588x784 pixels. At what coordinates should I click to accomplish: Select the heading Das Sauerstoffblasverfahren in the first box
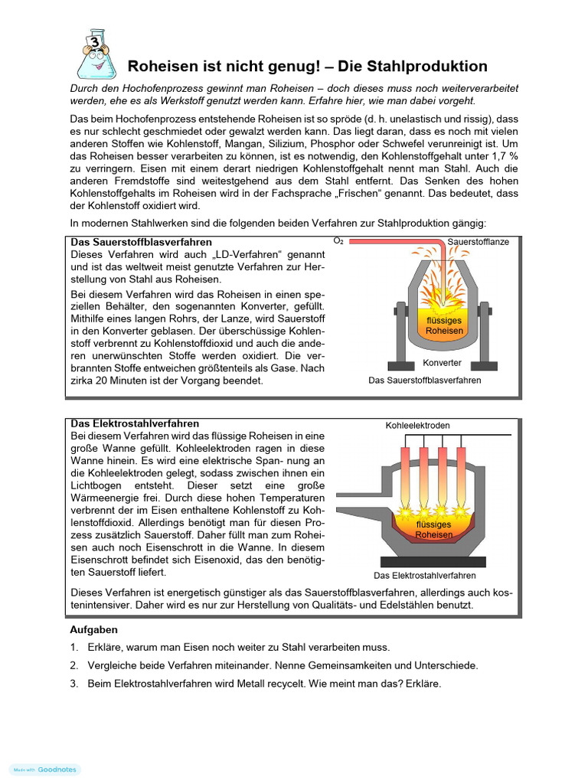tap(142, 242)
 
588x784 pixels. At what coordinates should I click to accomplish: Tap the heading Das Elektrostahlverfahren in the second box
tap(135, 423)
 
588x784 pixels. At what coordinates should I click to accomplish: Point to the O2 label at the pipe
tap(338, 241)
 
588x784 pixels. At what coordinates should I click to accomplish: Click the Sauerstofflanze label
tap(479, 242)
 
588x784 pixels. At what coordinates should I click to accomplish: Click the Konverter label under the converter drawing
tap(443, 363)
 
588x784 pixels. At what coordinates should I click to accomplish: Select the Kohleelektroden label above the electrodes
tap(417, 425)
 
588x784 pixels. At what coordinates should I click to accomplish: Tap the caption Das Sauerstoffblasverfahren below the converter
tap(425, 381)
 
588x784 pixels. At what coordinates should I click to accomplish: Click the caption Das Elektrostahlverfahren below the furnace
tap(424, 576)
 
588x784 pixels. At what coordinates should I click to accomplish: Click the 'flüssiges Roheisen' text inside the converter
tap(444, 325)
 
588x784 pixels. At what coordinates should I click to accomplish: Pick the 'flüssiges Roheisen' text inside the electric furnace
tap(433, 530)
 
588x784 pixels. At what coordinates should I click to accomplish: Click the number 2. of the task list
tap(74, 665)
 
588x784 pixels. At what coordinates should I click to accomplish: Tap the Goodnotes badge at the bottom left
tap(44, 769)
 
